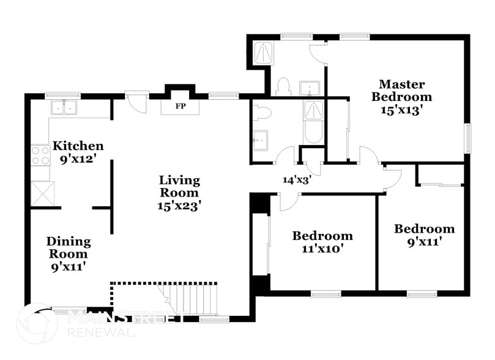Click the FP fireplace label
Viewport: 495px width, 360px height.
[180, 107]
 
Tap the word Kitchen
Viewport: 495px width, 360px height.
[78, 146]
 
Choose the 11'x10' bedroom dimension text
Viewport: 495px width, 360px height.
[322, 249]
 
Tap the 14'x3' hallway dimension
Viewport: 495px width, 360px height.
[297, 180]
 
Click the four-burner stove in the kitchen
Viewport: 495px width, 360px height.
[40, 155]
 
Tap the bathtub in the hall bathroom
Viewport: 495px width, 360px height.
[313, 122]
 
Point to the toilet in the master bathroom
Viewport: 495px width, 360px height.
[282, 88]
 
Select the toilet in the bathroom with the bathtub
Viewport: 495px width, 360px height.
[262, 113]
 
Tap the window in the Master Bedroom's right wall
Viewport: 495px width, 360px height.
[468, 138]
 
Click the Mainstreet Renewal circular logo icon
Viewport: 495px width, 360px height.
[36, 323]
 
